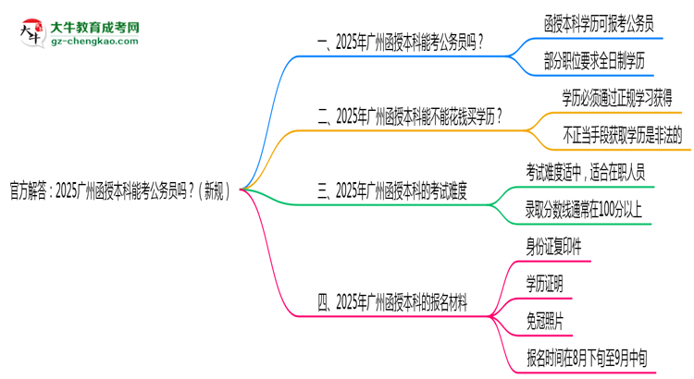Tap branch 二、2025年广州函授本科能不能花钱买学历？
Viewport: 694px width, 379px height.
(x=410, y=117)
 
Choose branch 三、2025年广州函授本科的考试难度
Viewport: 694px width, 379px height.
(x=391, y=192)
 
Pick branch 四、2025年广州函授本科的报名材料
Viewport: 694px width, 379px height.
(x=391, y=300)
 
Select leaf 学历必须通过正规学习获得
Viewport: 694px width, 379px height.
(x=616, y=98)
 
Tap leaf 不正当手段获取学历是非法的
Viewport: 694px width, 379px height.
(x=622, y=135)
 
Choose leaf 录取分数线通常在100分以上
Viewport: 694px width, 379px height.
(x=583, y=210)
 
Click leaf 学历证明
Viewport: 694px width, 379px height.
(x=543, y=283)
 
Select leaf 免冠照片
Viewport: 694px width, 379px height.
(x=543, y=320)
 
